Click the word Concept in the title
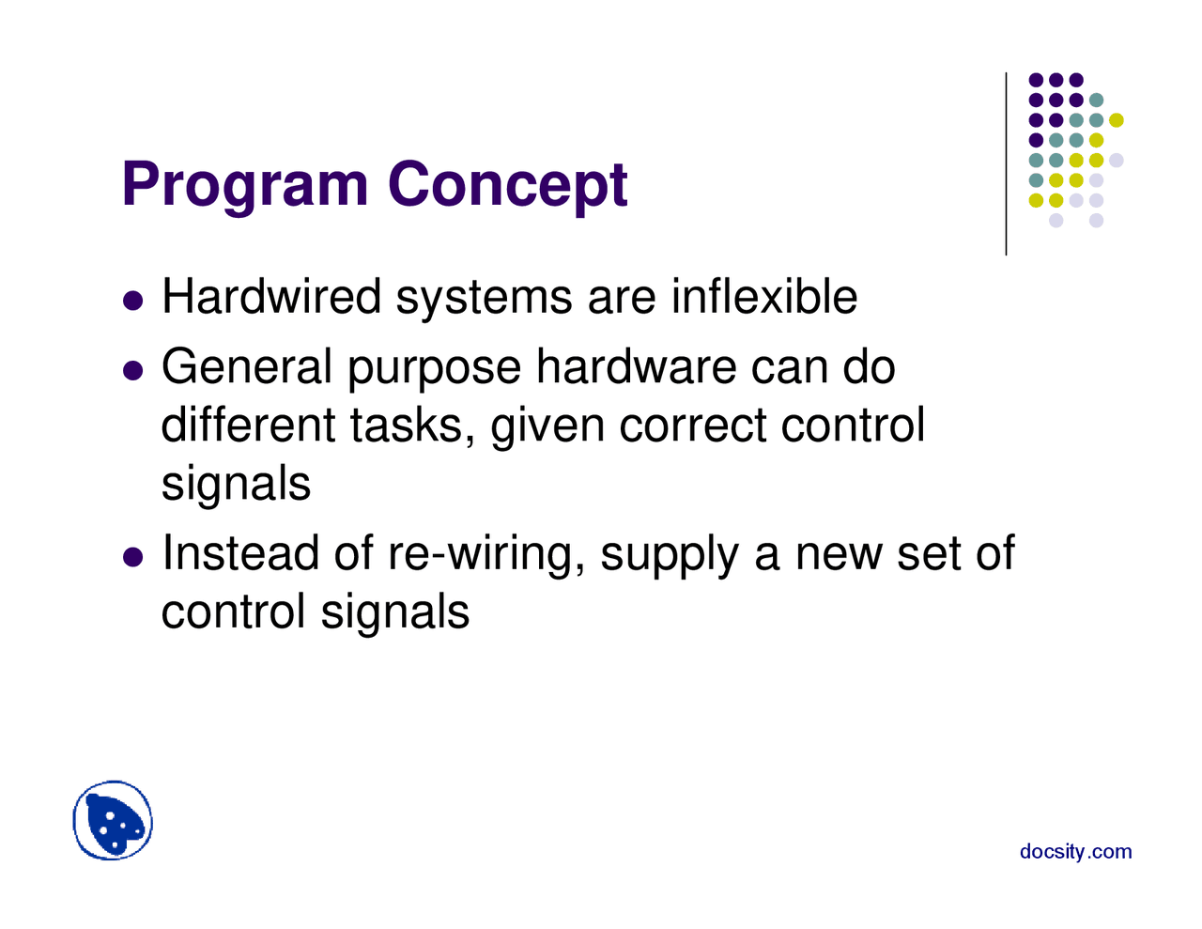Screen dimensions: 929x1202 click(x=507, y=185)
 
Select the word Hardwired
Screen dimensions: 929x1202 click(x=271, y=297)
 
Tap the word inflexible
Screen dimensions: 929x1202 click(x=763, y=297)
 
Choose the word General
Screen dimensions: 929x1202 click(x=247, y=366)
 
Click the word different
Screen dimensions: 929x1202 click(x=248, y=425)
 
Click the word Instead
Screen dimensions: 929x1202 click(x=240, y=552)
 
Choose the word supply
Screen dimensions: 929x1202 click(x=670, y=554)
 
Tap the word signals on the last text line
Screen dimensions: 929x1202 click(x=394, y=612)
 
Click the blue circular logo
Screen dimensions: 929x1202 click(x=113, y=821)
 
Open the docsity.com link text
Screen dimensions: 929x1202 click(x=1075, y=852)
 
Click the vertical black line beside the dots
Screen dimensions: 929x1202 click(x=1006, y=163)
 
